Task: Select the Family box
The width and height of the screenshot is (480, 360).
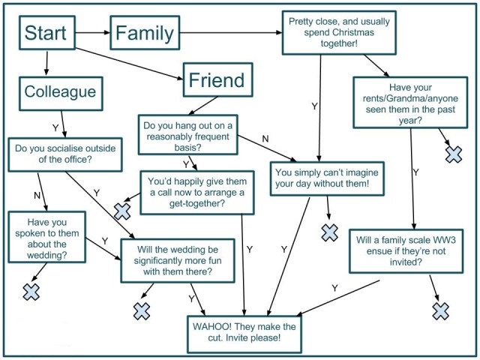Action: [145, 32]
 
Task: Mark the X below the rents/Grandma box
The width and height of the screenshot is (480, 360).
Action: [454, 154]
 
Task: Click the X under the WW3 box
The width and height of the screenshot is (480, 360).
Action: [440, 310]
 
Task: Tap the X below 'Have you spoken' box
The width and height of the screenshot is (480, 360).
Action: [31, 291]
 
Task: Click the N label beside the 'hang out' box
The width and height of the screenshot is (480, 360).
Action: [265, 138]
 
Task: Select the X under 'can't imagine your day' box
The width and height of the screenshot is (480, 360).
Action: [329, 232]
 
